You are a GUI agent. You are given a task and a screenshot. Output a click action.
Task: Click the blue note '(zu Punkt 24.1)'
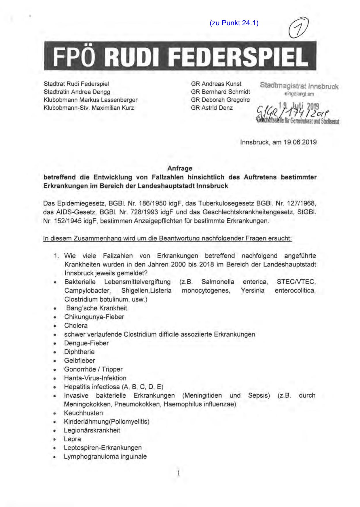pos(234,23)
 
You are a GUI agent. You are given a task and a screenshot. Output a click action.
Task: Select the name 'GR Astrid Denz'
pos(212,108)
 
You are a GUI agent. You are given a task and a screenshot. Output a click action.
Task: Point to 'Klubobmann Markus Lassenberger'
pos(90,100)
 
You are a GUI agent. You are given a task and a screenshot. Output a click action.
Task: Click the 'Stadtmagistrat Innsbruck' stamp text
pos(299,86)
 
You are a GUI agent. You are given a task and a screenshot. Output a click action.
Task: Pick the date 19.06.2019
pos(300,142)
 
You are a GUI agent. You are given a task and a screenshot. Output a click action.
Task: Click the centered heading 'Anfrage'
pos(180,168)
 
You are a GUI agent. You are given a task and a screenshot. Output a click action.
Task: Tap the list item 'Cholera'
pos(76,326)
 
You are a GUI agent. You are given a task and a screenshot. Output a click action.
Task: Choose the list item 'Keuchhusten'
pos(83,413)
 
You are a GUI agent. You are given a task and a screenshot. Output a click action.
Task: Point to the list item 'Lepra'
pos(72,439)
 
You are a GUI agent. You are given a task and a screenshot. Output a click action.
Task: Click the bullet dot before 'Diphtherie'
pos(55,352)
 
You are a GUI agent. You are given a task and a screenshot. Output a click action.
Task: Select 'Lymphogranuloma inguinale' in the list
pos(105,456)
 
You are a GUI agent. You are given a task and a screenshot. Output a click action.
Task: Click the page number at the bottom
pos(179,473)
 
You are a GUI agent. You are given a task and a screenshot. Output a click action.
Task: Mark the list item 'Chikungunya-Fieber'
pos(94,317)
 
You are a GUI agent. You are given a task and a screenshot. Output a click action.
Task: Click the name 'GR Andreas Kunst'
pos(216,84)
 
